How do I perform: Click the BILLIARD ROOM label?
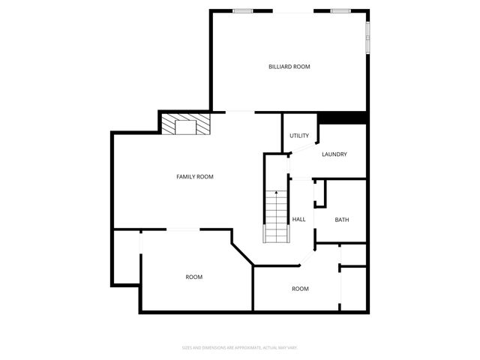coord(289,67)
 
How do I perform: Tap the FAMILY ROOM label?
coord(195,177)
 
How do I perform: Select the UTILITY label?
coord(299,136)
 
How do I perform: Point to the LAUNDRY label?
coord(334,154)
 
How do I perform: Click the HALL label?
coord(298,220)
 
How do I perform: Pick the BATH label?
coord(341,220)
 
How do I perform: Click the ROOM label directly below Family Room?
coord(193,277)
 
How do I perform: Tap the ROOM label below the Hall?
coord(300,289)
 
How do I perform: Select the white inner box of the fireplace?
coord(185,126)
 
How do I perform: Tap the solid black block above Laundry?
coord(342,118)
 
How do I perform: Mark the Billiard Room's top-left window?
coord(241,10)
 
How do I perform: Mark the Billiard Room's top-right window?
coord(341,10)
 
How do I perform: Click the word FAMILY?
coord(186,177)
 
